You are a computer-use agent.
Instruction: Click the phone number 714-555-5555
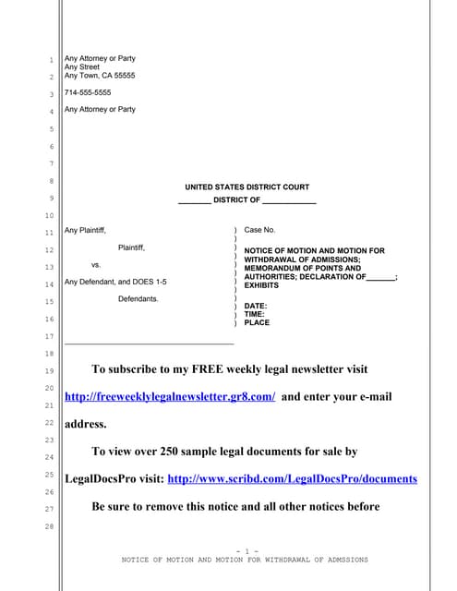click(88, 92)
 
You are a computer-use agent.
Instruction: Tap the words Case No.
click(259, 229)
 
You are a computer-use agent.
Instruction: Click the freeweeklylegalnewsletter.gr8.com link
click(170, 396)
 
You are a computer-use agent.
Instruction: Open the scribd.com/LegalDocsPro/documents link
click(293, 479)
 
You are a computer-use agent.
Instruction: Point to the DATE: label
click(256, 306)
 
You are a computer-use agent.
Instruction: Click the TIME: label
click(255, 314)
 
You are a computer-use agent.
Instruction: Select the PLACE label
click(257, 323)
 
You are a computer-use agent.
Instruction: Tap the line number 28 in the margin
click(50, 526)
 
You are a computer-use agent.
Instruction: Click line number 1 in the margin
click(52, 62)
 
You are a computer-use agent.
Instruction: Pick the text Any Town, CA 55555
click(100, 76)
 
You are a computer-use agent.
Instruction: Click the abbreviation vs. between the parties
click(96, 264)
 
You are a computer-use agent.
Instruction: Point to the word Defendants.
click(138, 299)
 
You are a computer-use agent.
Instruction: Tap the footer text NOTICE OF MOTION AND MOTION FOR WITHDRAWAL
click(245, 560)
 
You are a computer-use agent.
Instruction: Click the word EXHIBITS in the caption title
click(261, 286)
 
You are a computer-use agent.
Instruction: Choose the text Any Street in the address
click(82, 66)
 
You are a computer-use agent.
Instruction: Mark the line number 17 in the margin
click(50, 335)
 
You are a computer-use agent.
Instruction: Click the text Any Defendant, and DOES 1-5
click(115, 282)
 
